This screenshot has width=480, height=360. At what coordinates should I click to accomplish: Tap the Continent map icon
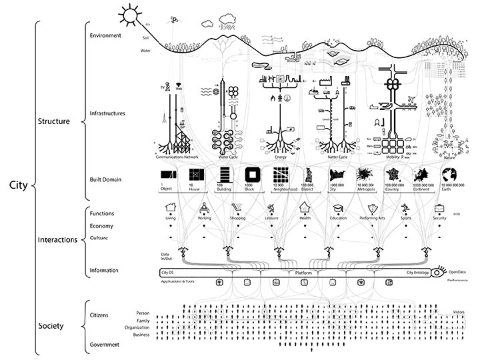[420, 175]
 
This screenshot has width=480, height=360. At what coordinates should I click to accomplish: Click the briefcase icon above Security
[440, 207]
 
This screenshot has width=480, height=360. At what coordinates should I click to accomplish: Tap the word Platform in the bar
[304, 273]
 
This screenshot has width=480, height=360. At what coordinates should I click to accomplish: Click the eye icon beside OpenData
[438, 272]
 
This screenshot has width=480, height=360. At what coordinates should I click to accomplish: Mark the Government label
[104, 345]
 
